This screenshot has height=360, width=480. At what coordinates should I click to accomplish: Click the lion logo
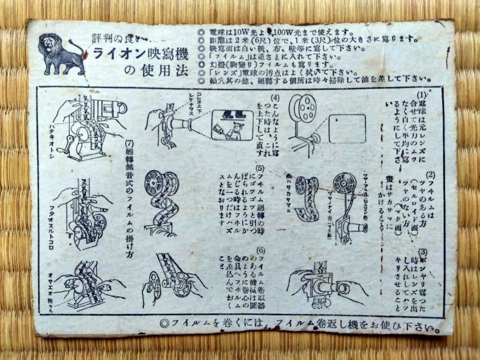[x=61, y=54]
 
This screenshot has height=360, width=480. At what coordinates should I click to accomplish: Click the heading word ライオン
[x=120, y=54]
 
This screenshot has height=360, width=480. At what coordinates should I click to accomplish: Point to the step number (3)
[x=423, y=252]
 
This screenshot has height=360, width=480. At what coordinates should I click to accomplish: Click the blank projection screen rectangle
[x=347, y=128]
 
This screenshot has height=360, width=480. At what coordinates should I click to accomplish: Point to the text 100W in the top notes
[x=276, y=32]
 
